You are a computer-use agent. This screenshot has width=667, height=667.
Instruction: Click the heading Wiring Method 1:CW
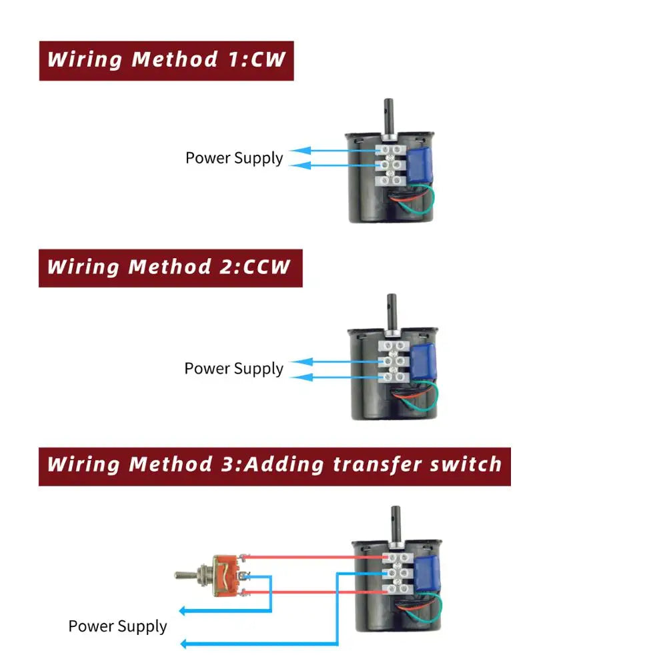166,60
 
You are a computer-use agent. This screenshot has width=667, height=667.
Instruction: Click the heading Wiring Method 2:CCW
169,267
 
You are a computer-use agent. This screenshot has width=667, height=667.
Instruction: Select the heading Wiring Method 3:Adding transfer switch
274,464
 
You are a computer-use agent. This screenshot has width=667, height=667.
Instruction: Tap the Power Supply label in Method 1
234,158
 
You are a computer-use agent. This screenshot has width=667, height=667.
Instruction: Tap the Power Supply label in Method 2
233,368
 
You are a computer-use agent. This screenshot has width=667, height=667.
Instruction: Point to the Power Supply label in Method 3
117,626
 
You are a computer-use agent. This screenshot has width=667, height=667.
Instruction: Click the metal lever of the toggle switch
191,574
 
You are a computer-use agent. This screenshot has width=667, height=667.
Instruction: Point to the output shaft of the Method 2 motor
392,309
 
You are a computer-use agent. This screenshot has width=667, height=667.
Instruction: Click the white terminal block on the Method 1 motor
392,163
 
